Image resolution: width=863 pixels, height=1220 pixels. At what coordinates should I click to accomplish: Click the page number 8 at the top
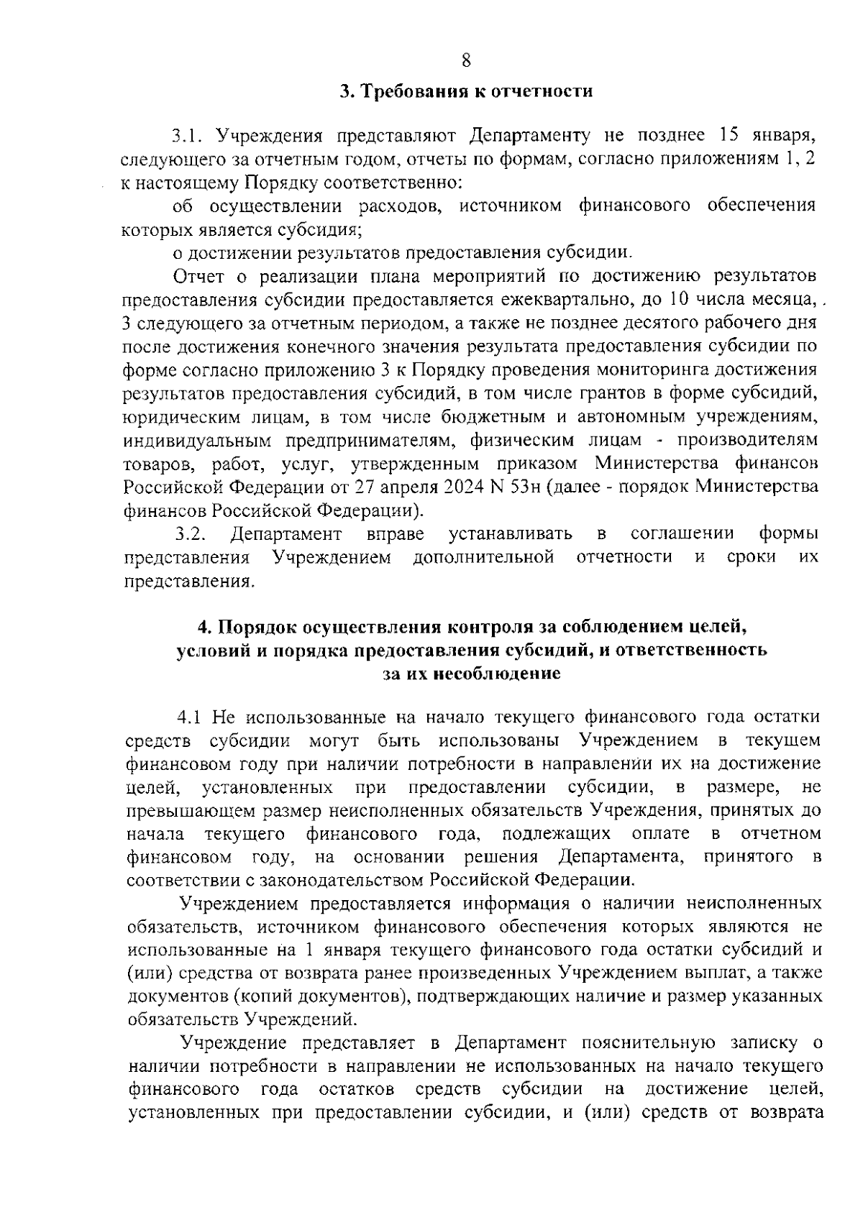[x=465, y=60]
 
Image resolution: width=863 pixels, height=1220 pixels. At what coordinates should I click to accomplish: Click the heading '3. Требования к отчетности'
[x=466, y=91]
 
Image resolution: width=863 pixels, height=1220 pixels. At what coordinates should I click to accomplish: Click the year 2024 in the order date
[x=403, y=487]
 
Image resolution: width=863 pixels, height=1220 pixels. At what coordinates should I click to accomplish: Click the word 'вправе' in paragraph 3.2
[x=395, y=534]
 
